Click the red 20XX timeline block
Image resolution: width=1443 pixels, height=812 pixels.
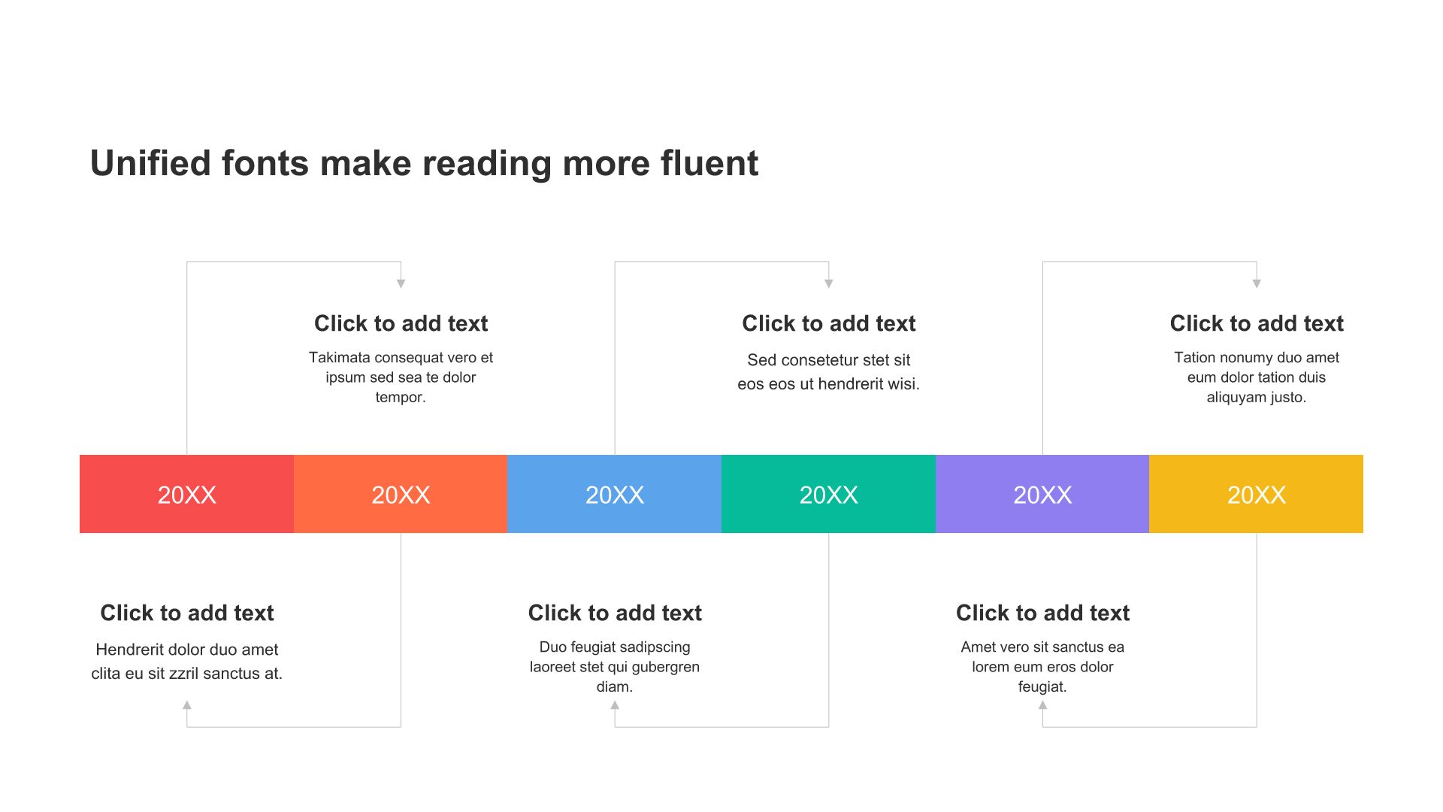tap(186, 494)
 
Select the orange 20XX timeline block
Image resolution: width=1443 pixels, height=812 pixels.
tap(401, 494)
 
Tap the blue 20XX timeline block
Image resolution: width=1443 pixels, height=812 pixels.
tap(615, 494)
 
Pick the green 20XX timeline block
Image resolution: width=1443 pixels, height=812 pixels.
tap(828, 494)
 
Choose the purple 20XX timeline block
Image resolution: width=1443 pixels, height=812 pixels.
tap(1042, 494)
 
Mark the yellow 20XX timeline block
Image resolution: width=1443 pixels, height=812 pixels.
tap(1256, 494)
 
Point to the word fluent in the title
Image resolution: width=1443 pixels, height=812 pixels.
tap(709, 163)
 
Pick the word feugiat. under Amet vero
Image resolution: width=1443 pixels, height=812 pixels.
tap(1042, 686)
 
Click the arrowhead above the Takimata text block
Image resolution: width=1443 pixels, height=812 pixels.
tap(401, 283)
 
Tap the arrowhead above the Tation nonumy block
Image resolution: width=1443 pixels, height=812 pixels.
tap(1257, 283)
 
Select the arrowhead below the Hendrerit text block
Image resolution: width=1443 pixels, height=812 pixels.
tap(187, 705)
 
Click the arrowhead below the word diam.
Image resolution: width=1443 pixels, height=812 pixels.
tap(615, 705)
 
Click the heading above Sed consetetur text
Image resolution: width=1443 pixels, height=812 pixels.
tap(828, 323)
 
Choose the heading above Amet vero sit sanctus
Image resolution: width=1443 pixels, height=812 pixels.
tap(1042, 613)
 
